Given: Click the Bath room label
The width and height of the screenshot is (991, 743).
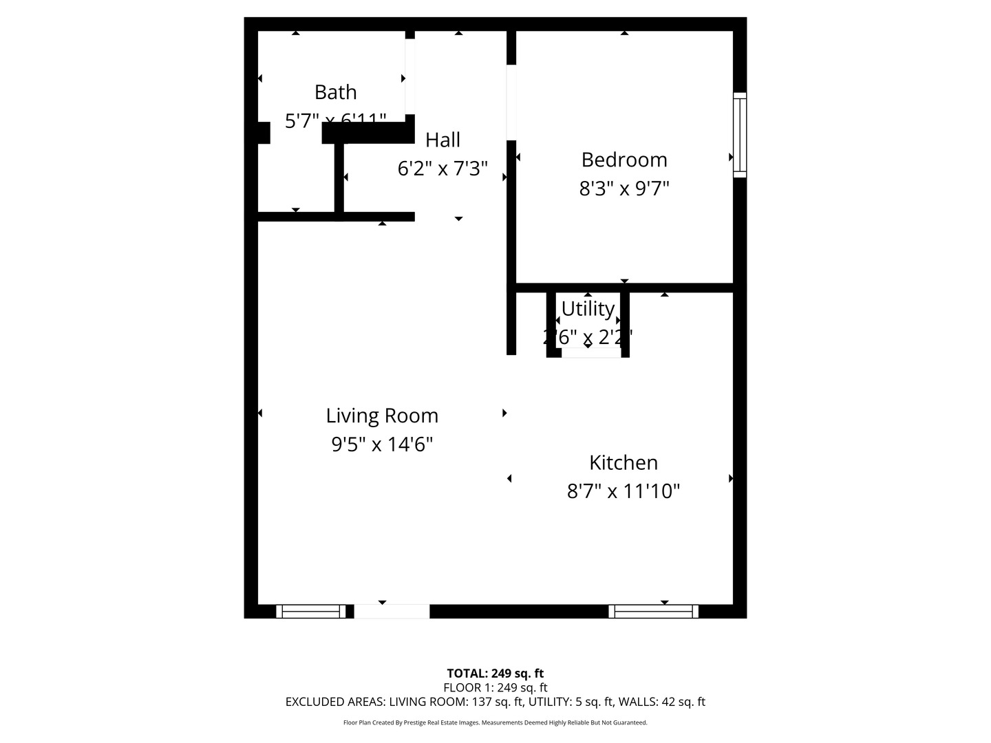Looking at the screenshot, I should coord(335,92).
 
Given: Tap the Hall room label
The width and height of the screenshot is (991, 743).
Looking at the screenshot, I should coord(443,140).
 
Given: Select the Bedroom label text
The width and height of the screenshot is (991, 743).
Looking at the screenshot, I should coord(624,160).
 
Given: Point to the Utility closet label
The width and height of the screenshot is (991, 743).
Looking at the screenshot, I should coord(588,309).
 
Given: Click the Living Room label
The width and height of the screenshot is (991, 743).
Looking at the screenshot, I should coord(382,416).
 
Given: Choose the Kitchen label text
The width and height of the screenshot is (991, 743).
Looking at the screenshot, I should coord(624,462).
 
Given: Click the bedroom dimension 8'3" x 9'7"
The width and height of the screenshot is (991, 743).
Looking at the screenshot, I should coord(624,188).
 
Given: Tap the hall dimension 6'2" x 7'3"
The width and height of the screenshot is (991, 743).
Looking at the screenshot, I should coord(443,169).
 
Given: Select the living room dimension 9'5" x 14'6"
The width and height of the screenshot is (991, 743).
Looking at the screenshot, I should coord(382,444).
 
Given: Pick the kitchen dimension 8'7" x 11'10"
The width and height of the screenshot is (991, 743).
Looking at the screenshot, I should coord(624,491).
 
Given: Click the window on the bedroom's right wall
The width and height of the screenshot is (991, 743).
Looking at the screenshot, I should coord(740,135).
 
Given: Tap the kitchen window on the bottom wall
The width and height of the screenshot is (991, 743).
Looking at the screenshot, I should coord(654,612).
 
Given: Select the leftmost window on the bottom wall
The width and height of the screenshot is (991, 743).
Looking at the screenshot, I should coord(311,612).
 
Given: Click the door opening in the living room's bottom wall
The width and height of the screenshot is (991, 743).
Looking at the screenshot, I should coord(392,612).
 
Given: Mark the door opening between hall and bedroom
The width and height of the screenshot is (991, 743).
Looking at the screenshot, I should coord(511,103).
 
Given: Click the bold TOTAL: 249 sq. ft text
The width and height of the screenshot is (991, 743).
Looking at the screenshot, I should coord(495,674).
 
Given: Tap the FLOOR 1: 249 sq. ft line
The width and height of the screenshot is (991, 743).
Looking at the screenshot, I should coord(495,687).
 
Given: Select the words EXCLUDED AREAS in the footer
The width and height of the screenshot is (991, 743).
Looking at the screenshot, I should coord(334,702).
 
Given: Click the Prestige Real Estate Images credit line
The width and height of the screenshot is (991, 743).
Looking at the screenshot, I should coord(495,722).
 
